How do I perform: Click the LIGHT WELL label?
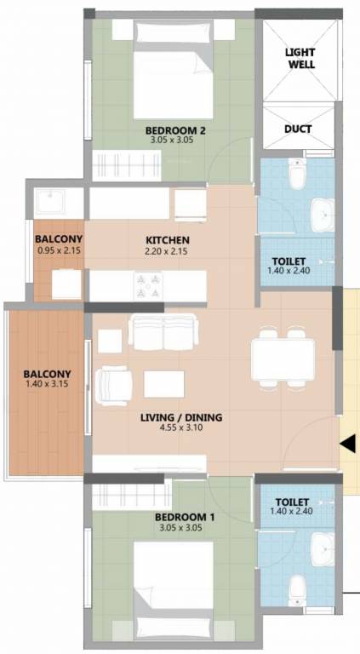point(299,57)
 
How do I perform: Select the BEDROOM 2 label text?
point(169,130)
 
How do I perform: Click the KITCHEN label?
point(168,240)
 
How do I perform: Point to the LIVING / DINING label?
point(181,417)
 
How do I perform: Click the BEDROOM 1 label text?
point(180,517)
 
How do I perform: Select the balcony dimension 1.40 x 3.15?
point(47,386)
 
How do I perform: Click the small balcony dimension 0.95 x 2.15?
point(58,251)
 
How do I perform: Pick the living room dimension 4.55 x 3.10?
point(181,429)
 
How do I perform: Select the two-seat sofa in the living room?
point(163,330)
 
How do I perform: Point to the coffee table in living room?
point(164,384)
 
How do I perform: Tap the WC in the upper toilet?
point(296,176)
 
